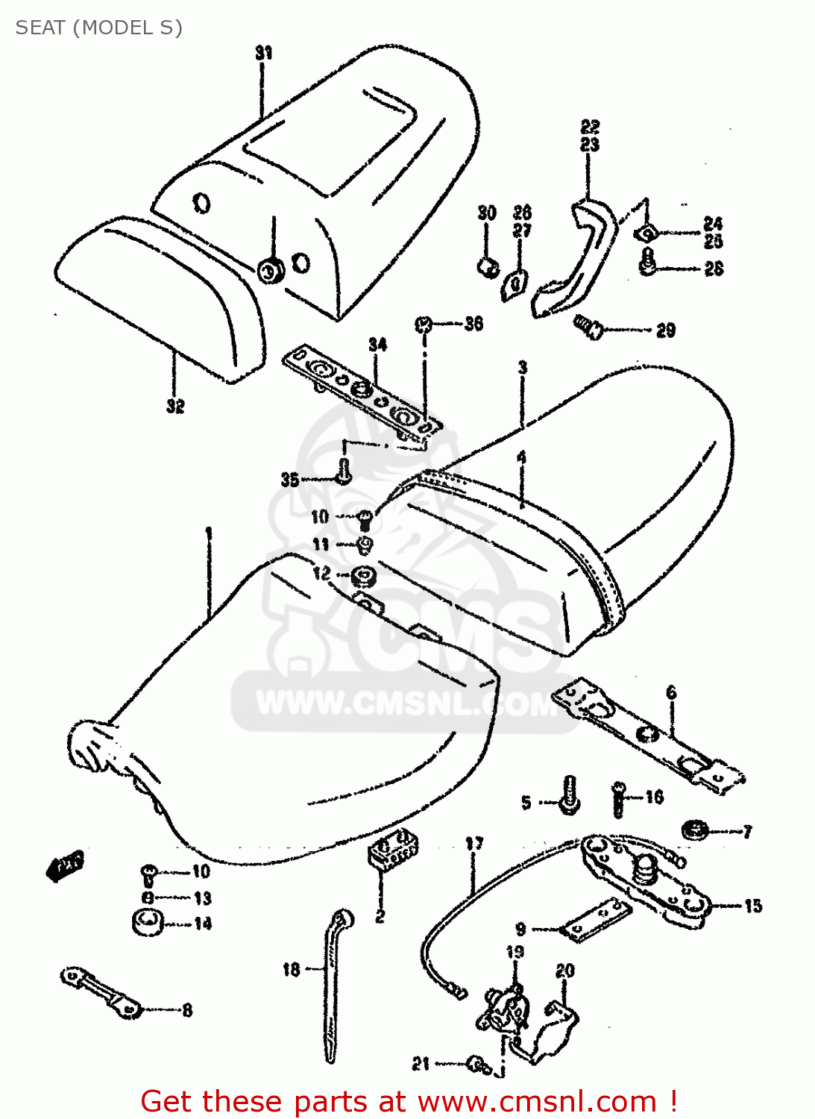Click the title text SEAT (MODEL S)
coord(98,28)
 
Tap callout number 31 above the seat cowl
coord(263,53)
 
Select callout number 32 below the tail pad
coord(174,406)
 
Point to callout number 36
coord(473,324)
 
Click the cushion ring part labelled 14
coord(148,923)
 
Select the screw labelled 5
coord(569,795)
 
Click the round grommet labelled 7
coord(695,829)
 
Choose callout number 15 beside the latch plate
coord(752,906)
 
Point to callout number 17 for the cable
coord(474,844)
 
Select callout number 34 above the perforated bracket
coord(377,345)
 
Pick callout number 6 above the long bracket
coord(671,692)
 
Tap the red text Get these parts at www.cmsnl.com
coord(409,1101)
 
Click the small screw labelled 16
coord(618,799)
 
